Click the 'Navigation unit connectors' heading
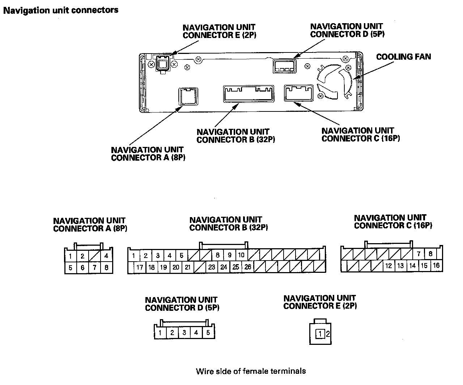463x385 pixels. coord(61,10)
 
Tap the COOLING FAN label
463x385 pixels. coord(403,57)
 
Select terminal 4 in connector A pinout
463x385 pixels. coord(106,256)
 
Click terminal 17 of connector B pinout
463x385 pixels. coord(140,268)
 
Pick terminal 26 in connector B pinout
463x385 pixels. coord(248,267)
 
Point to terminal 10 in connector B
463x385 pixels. coord(241,255)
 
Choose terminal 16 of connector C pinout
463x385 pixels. coord(436,266)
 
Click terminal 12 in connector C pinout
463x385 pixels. coord(388,266)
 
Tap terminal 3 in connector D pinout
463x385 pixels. coord(184,333)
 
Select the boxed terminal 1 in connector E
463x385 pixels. coord(320,334)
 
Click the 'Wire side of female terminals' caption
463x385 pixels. coord(251,371)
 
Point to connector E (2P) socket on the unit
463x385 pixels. coord(162,64)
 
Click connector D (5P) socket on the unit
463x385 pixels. coord(284,66)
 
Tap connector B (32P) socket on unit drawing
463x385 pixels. coord(249,94)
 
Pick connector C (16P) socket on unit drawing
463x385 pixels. coord(299,93)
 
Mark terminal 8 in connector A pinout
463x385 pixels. coord(106,268)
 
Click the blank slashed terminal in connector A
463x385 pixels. coord(94,256)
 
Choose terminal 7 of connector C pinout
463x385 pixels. coord(419,254)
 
